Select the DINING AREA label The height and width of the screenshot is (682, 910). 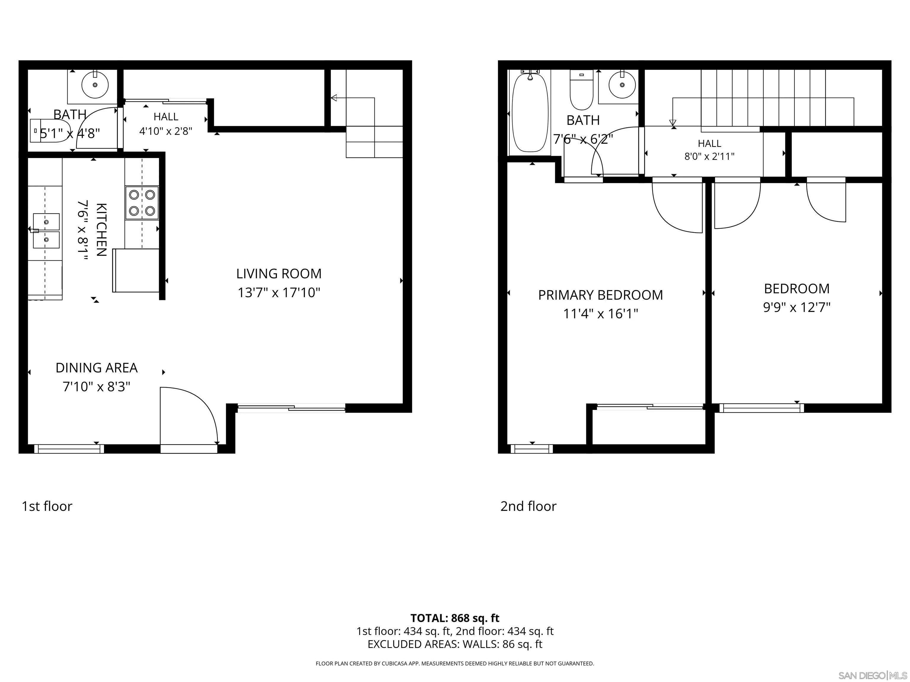(96, 368)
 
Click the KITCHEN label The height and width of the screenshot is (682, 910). (102, 229)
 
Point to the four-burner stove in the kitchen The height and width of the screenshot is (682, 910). (142, 203)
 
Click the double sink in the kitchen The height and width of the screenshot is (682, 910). (46, 231)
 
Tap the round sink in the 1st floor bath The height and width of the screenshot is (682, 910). (95, 85)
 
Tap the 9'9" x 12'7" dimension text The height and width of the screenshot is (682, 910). (797, 308)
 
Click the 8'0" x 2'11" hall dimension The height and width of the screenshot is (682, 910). (709, 156)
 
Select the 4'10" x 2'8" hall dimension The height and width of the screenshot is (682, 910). (166, 131)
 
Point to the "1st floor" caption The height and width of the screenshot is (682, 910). (47, 506)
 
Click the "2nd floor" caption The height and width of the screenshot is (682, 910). (528, 506)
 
